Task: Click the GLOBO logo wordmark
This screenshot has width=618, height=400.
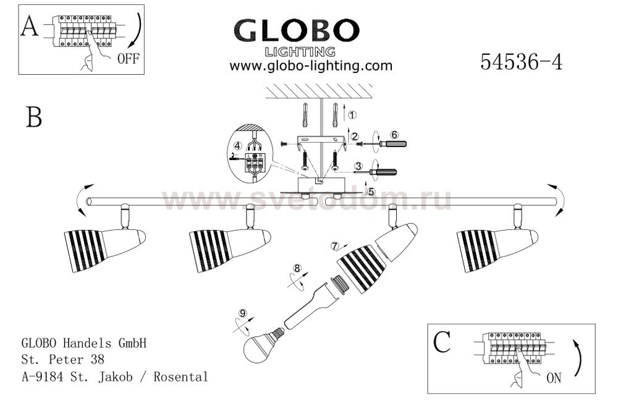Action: pyautogui.click(x=297, y=31)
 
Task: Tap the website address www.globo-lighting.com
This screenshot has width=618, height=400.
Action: pyautogui.click(x=311, y=66)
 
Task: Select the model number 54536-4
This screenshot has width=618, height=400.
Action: pyautogui.click(x=522, y=62)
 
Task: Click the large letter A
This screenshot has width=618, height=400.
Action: pyautogui.click(x=30, y=27)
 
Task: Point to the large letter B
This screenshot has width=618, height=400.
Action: pyautogui.click(x=34, y=117)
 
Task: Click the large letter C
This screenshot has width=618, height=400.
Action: pyautogui.click(x=442, y=342)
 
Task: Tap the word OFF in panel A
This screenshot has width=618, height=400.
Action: pyautogui.click(x=129, y=59)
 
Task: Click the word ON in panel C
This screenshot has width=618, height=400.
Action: pyautogui.click(x=554, y=378)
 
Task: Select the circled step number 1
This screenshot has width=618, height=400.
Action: pyautogui.click(x=352, y=115)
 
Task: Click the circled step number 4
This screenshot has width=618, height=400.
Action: pyautogui.click(x=238, y=145)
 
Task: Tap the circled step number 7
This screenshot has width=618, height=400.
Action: pyautogui.click(x=335, y=246)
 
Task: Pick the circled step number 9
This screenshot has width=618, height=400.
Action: pyautogui.click(x=243, y=313)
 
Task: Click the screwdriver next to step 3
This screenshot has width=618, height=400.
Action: pyautogui.click(x=375, y=172)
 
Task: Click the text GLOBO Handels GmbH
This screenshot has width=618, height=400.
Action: pyautogui.click(x=84, y=343)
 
